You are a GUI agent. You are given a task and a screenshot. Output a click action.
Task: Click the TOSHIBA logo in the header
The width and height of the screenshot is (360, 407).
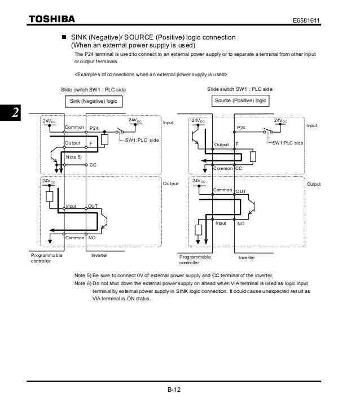(x=51, y=20)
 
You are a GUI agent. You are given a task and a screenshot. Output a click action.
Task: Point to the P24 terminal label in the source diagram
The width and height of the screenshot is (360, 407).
(x=241, y=129)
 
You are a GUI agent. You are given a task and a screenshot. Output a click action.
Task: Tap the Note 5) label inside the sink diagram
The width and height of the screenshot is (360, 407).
(x=74, y=155)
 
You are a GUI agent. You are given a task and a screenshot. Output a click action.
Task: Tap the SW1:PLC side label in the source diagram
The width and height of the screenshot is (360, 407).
(x=288, y=143)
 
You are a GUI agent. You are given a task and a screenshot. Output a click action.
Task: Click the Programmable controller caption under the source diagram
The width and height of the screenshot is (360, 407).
(x=195, y=260)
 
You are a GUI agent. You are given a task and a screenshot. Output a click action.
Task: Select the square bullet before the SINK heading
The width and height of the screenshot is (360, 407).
(x=64, y=37)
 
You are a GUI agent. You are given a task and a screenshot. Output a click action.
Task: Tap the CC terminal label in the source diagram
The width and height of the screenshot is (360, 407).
(x=239, y=168)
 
